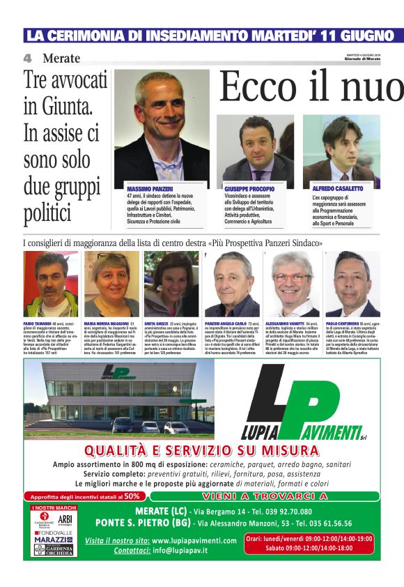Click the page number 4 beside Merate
(27, 58)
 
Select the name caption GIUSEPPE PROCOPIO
(249, 189)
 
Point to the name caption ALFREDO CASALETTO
(337, 189)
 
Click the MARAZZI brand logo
(52, 539)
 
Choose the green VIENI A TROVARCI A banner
(263, 496)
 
